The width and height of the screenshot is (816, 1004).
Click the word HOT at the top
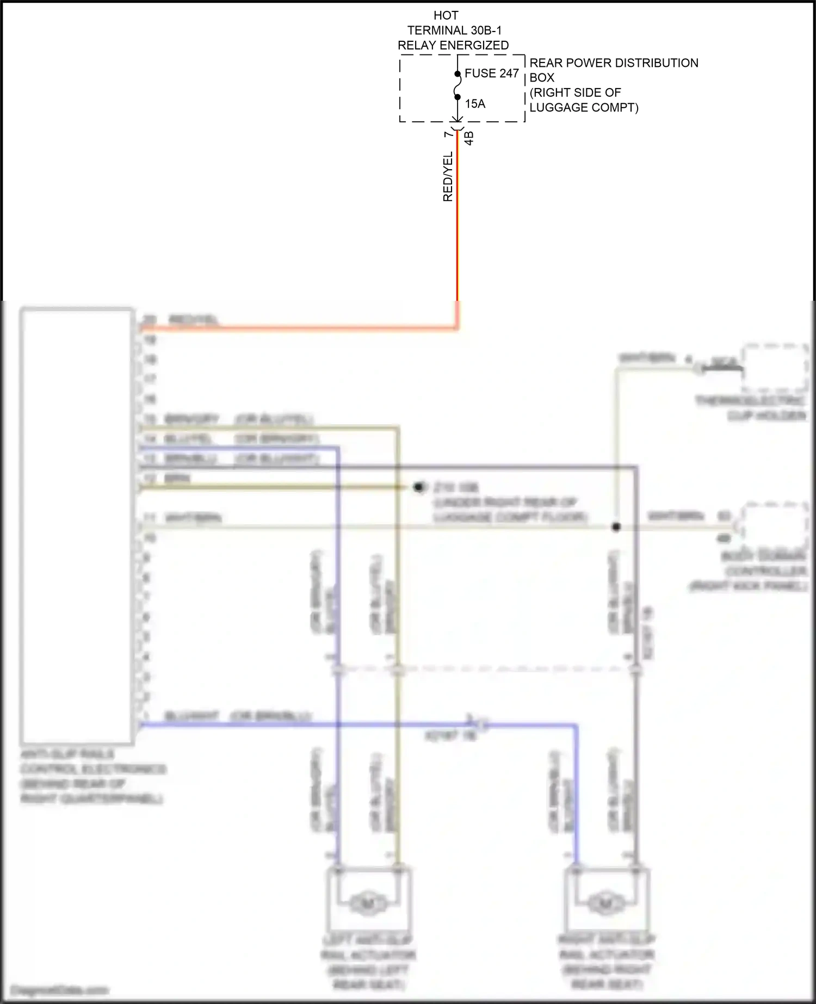click(446, 15)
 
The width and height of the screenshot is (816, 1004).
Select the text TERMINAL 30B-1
click(454, 30)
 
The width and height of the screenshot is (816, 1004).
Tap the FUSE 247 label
click(491, 73)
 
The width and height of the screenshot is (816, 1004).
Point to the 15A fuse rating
click(475, 104)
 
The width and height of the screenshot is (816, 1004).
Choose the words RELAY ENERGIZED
click(453, 46)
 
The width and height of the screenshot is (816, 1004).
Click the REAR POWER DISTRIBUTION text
click(614, 63)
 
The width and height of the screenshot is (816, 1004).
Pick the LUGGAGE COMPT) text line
click(584, 108)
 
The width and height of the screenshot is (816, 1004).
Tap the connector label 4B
click(469, 138)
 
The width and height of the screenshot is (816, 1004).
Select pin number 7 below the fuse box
click(448, 134)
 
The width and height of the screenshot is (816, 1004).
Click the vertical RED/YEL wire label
click(448, 177)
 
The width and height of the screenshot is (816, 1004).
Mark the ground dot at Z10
click(419, 487)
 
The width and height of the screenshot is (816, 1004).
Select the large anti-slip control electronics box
click(77, 525)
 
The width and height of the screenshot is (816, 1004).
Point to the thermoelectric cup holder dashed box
click(775, 368)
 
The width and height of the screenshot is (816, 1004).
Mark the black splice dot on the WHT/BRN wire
click(616, 526)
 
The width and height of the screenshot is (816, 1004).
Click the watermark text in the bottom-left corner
click(60, 990)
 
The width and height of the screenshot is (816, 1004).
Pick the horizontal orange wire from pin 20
click(299, 328)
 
